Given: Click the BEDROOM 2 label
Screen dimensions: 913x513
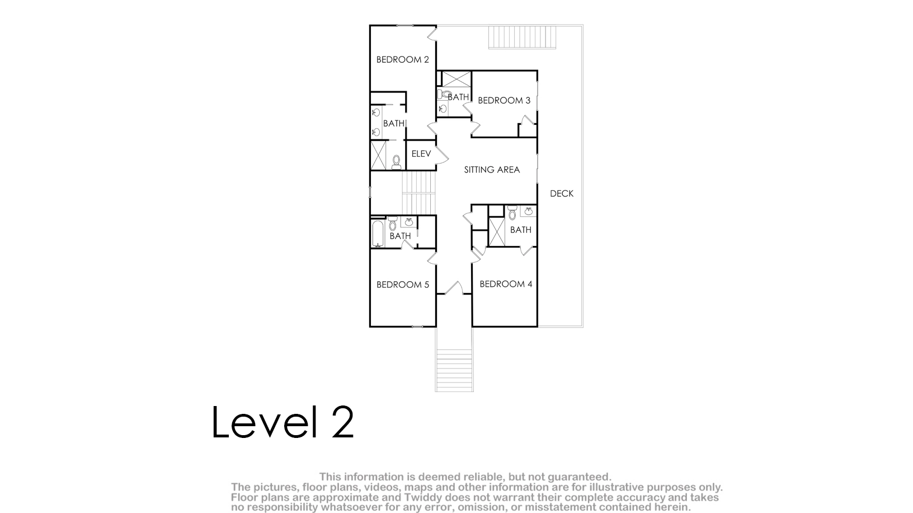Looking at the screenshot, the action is coord(402,59).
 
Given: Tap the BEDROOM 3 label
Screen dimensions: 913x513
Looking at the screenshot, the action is coord(504,100).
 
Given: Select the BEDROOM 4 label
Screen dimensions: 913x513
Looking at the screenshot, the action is coord(506,284).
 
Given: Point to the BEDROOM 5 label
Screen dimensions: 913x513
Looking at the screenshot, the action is coord(403,285).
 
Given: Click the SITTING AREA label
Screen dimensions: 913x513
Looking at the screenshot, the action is coord(492,170).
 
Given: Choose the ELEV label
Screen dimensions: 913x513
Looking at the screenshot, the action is coord(421,154).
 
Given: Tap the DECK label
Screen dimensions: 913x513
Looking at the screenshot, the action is coord(562,194).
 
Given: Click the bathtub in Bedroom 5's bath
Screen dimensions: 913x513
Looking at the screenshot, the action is coord(378,234).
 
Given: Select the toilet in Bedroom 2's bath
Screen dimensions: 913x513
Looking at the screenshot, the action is coord(396,162).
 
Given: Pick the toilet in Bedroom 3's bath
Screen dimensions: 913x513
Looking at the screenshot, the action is coord(443,95).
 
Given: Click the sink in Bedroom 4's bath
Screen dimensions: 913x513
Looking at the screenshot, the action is coord(529,211).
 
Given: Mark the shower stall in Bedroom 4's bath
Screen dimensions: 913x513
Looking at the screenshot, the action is coord(496,232).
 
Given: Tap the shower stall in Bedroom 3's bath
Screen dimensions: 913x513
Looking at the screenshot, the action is coord(456,79).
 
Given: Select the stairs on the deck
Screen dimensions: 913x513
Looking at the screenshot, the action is coord(523,37).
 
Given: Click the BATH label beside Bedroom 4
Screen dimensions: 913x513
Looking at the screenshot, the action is coord(521,230).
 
